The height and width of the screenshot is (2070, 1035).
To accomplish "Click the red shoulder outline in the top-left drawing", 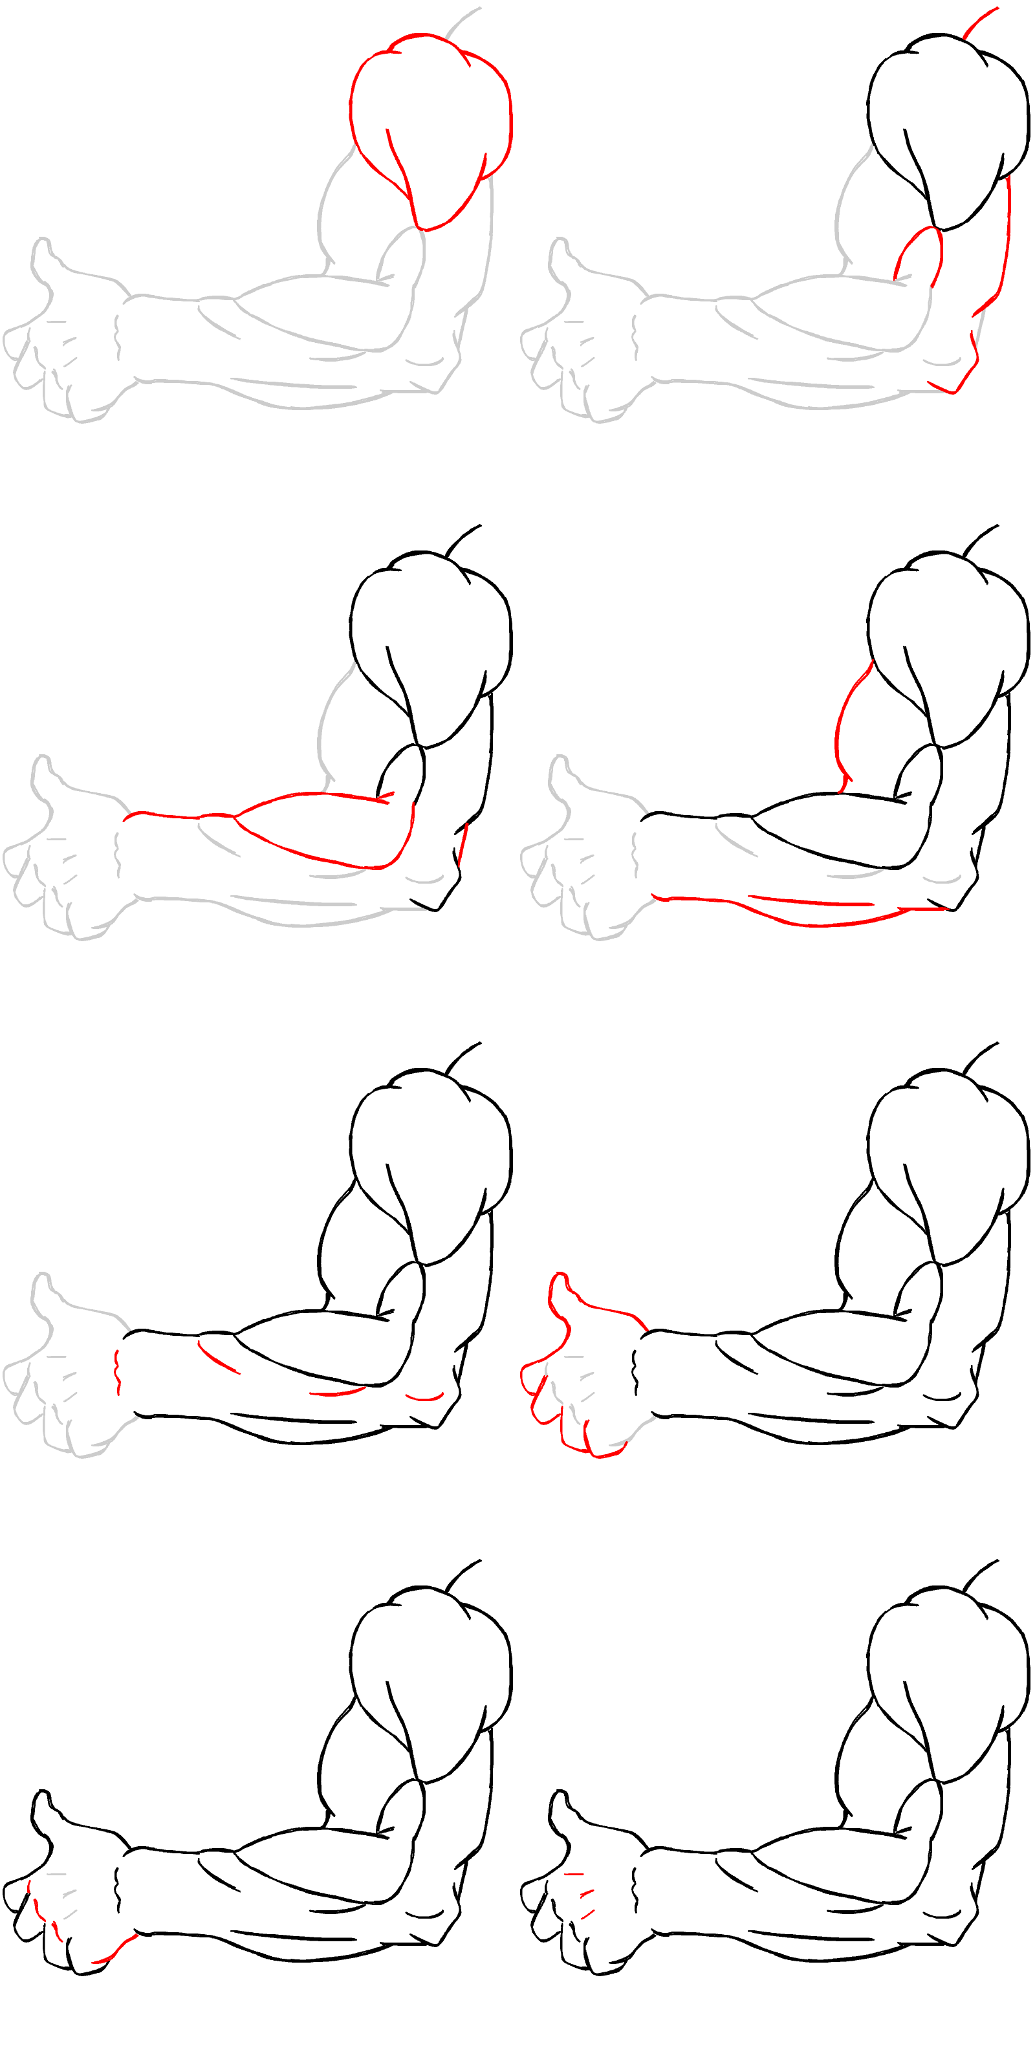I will pos(351,104).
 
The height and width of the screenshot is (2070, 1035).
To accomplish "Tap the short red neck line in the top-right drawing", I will pos(979,23).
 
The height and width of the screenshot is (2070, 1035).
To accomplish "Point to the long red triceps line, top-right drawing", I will pos(1007,241).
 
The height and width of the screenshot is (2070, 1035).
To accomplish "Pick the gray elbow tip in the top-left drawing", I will pos(438,391).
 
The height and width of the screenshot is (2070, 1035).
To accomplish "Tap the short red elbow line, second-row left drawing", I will pos(462,844).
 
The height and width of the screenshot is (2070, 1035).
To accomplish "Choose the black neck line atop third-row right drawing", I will pos(979,1058).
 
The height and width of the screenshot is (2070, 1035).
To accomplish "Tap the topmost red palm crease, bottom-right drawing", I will pos(573,1873).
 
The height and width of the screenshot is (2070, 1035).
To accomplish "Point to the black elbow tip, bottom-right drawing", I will pos(955,1944).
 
